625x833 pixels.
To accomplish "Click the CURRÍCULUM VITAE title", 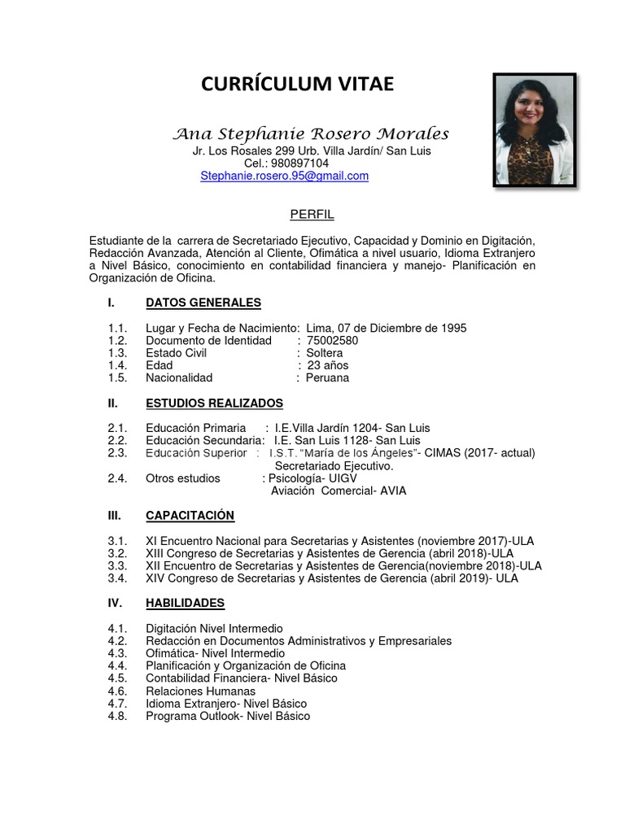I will point(297,84).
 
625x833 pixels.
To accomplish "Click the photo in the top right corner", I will point(535,131).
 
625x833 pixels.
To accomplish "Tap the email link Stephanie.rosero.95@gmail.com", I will point(284,176).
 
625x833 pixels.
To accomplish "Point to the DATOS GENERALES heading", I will point(203,303).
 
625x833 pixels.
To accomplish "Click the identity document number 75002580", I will point(332,341).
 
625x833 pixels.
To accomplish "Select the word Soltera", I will point(324,353).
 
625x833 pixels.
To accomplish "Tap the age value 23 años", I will point(328,365).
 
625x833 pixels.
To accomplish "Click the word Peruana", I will point(327,377).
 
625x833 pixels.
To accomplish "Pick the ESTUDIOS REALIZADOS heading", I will point(214,403).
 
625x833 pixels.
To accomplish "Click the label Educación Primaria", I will point(195,428).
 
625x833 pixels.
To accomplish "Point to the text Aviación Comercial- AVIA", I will point(338,491).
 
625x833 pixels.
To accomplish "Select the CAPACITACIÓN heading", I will point(190,515).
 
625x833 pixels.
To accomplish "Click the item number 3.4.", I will point(116,578).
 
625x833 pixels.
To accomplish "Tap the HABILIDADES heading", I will point(185,603).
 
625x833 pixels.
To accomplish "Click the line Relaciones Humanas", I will point(200,691).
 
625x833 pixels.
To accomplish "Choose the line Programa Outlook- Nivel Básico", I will point(228,716).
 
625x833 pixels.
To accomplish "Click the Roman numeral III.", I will point(114,515).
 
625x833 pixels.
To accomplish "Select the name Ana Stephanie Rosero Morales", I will point(312,133).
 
